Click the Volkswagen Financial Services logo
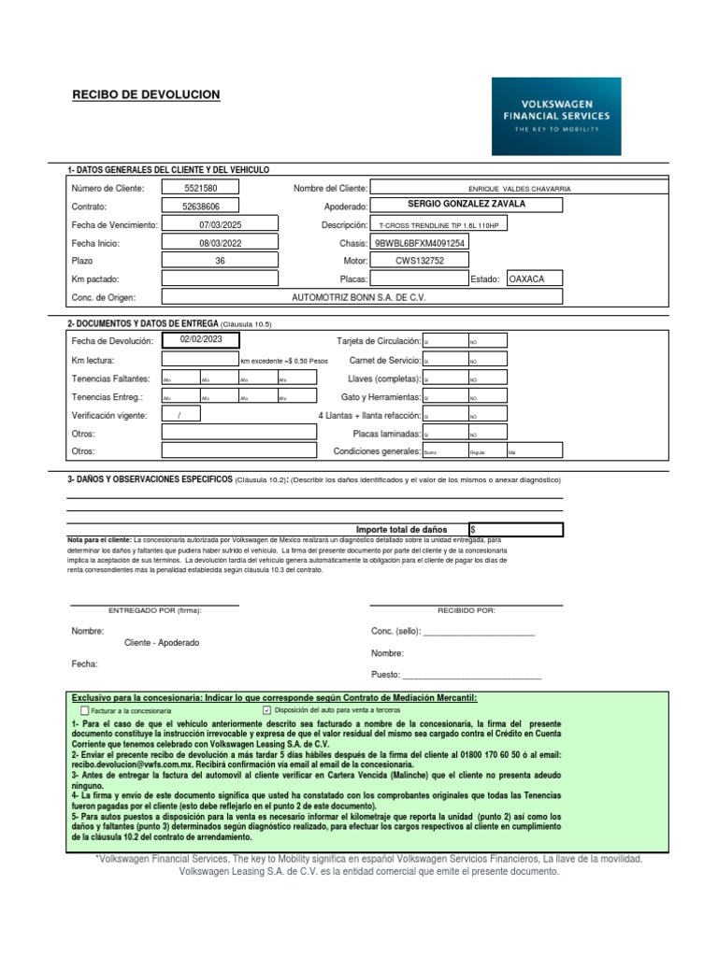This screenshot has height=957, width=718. pos(556,116)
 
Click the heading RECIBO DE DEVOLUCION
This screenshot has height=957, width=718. pos(146,95)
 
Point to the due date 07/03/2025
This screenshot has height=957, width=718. pos(220,224)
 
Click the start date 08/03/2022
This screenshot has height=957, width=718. pos(220,243)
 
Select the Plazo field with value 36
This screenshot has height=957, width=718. pos(220,261)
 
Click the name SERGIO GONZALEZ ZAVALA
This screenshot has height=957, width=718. pos(467,205)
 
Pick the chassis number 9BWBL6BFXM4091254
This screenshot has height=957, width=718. pos(419,243)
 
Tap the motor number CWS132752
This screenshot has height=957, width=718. pos(419,261)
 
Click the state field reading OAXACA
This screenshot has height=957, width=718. pos(533,279)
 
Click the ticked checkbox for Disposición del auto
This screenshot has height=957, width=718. pos(267,710)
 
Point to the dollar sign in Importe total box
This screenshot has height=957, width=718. pos(474,530)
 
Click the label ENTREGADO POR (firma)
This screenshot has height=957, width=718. pos(155,610)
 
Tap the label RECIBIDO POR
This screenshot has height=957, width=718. pos(467,610)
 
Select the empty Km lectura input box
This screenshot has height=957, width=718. pos(200,360)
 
